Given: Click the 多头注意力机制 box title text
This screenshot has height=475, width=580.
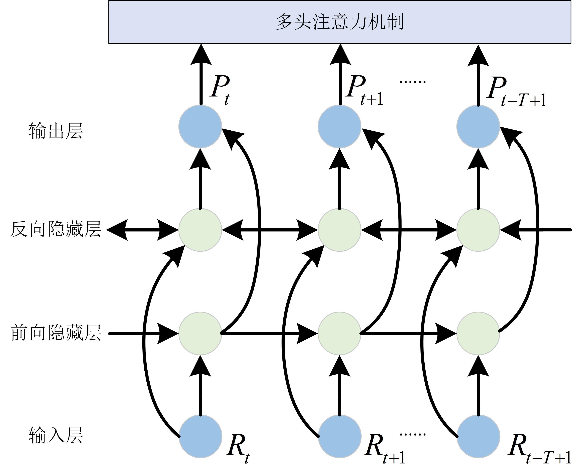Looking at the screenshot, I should [339, 22].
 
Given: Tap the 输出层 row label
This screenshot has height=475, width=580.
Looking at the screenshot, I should [56, 131].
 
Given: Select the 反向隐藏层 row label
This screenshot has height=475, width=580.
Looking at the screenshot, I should [56, 229].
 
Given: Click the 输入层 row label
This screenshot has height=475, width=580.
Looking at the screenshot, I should [56, 435].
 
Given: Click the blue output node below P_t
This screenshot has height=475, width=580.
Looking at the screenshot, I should [200, 126].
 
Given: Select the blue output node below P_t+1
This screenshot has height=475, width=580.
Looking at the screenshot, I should [339, 126].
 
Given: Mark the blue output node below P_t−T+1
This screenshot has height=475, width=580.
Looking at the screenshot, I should [478, 126].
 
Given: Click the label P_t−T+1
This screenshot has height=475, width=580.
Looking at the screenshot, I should [516, 92].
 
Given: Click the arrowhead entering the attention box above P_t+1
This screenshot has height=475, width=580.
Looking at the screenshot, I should [340, 55].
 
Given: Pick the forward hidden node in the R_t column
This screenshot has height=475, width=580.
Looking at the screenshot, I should [200, 333].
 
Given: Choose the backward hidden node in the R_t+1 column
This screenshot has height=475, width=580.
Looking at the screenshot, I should [339, 230].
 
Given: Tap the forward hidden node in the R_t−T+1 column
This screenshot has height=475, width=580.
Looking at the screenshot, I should [478, 333].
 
